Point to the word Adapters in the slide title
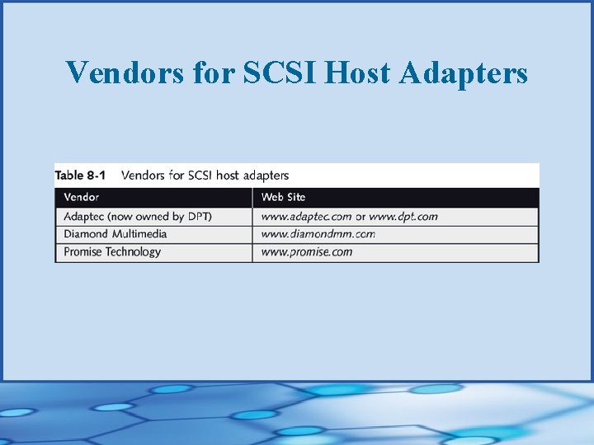point(463,73)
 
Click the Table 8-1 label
point(80,175)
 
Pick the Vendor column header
point(81,197)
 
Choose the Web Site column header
point(283,197)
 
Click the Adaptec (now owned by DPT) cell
point(137,216)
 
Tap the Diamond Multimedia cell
point(115,234)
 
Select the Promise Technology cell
point(112,252)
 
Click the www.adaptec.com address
point(306,216)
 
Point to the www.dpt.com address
point(403,216)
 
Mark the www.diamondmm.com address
point(318,234)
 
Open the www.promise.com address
point(306,252)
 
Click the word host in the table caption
point(228,175)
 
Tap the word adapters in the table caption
point(266,175)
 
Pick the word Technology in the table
point(133,252)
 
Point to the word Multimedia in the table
point(138,234)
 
